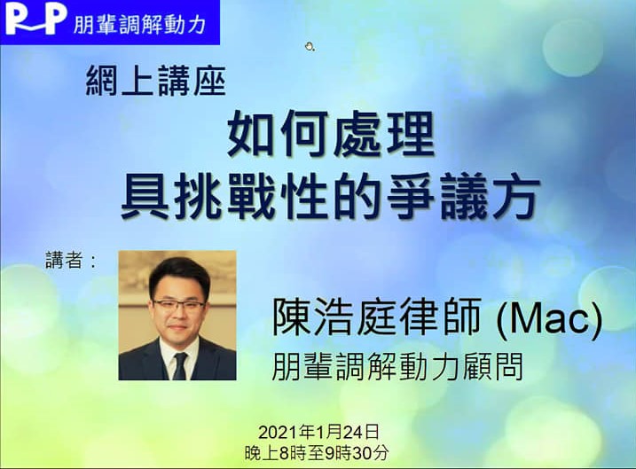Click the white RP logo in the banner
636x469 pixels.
(x=35, y=19)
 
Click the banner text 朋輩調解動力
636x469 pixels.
(x=139, y=25)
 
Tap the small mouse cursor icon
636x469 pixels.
(x=310, y=47)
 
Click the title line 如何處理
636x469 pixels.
(x=331, y=135)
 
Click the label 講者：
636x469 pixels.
(x=71, y=261)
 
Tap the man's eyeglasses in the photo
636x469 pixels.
(x=178, y=306)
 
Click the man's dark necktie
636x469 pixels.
(x=180, y=365)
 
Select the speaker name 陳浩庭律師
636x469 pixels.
(x=376, y=317)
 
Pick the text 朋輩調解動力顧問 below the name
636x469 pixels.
(x=397, y=366)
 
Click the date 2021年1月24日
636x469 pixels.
(x=318, y=432)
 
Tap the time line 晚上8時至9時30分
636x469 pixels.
(x=317, y=453)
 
